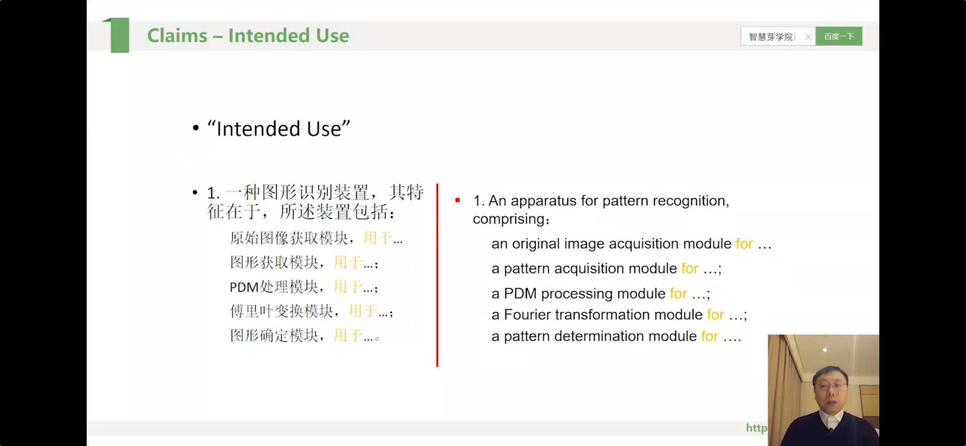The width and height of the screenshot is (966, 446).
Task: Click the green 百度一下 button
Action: pos(839,36)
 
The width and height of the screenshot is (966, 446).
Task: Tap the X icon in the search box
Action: pos(808,37)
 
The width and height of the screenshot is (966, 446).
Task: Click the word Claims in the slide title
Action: pos(177,36)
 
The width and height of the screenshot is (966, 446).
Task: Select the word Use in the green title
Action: pos(332,36)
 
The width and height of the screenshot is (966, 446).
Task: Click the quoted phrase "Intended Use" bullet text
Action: pos(279,128)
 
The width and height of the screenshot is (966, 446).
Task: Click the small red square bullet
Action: pos(457,200)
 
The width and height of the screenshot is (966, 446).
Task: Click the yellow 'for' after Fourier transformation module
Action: pos(715,315)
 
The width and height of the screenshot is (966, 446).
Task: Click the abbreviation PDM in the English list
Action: pos(520,294)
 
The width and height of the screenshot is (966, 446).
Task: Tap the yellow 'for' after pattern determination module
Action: pos(710,336)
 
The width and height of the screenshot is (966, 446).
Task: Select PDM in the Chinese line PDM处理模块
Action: pos(244,287)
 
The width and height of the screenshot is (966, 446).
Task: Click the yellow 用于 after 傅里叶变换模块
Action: pos(363,311)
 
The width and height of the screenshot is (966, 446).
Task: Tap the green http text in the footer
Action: pos(756,428)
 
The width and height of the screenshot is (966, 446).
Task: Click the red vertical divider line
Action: pos(437,275)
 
